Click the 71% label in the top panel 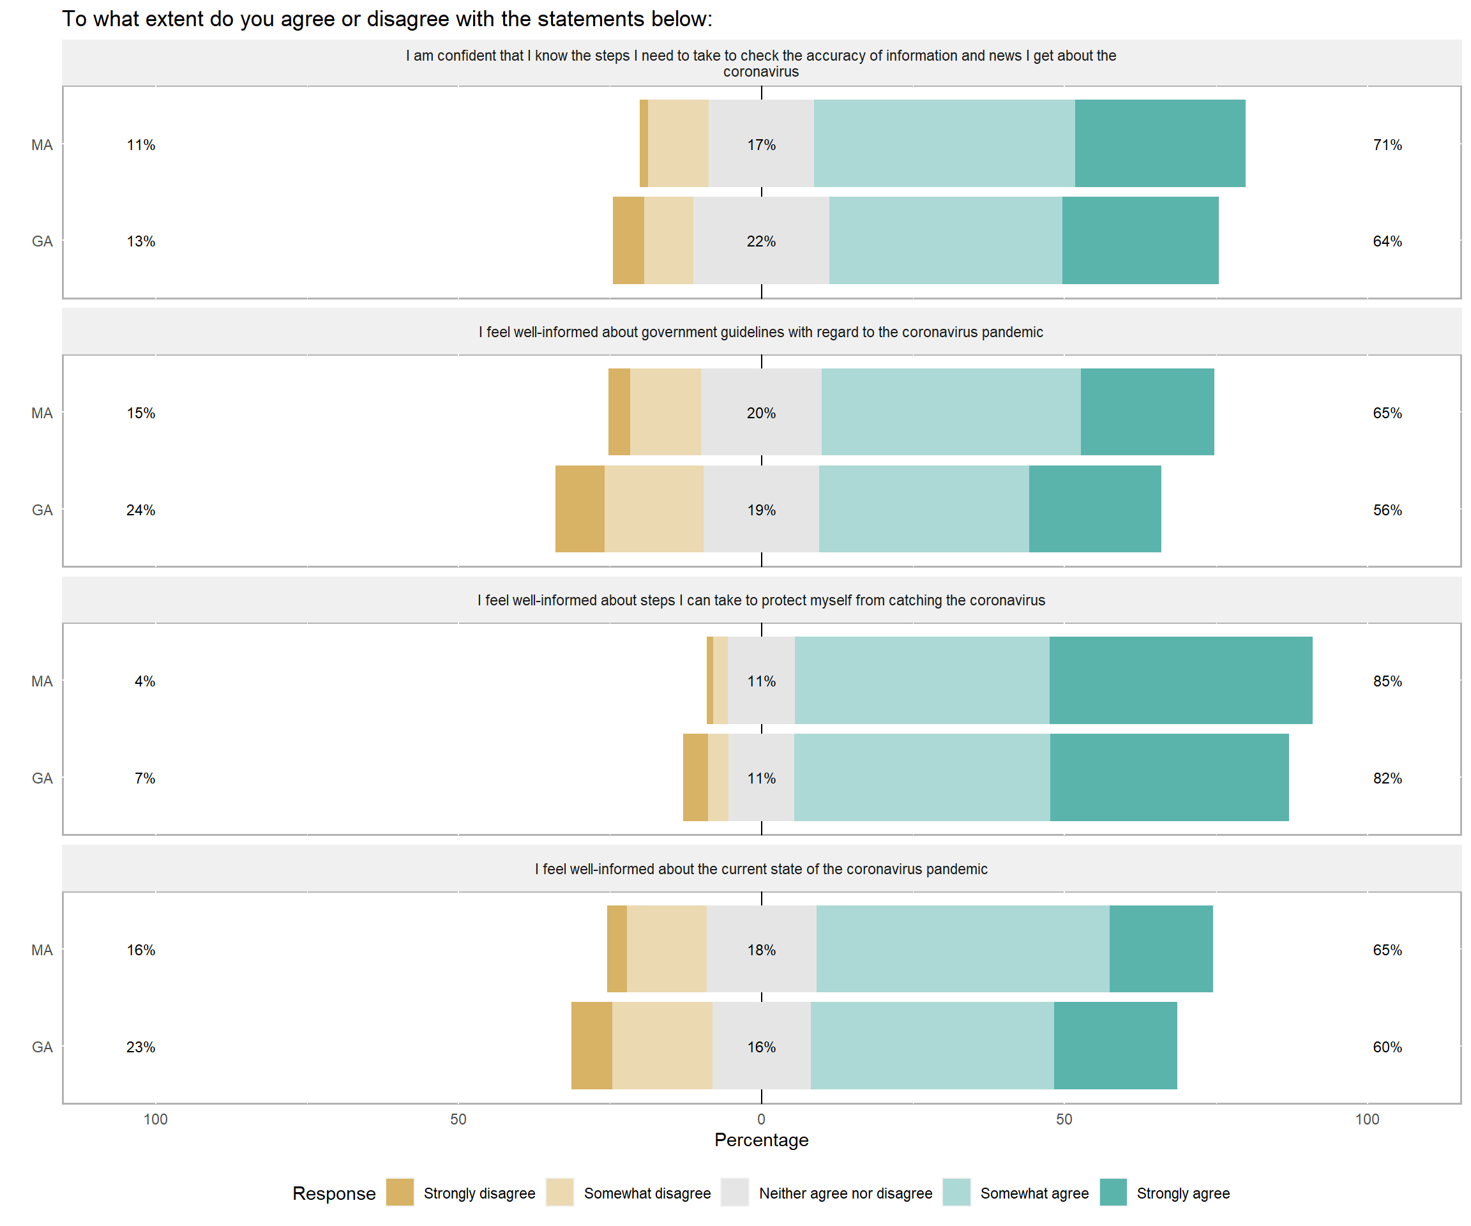(x=1387, y=145)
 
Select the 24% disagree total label (x=141, y=510)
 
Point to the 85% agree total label (x=1387, y=681)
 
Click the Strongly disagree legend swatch (x=400, y=1192)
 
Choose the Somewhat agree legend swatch (x=956, y=1192)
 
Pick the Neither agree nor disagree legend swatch (x=735, y=1192)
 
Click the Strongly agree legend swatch (x=1113, y=1192)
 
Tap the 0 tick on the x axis (x=762, y=1119)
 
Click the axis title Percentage (x=762, y=1140)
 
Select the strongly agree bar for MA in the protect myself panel (x=1181, y=680)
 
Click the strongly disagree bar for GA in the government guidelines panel (x=580, y=510)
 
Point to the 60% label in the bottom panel (x=1387, y=1047)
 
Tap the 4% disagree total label (x=145, y=681)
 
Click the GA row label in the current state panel (x=42, y=1047)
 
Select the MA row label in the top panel (x=42, y=145)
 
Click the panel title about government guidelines (x=762, y=332)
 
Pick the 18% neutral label (x=762, y=950)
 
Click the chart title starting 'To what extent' (x=388, y=19)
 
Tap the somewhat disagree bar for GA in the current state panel (x=663, y=1046)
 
